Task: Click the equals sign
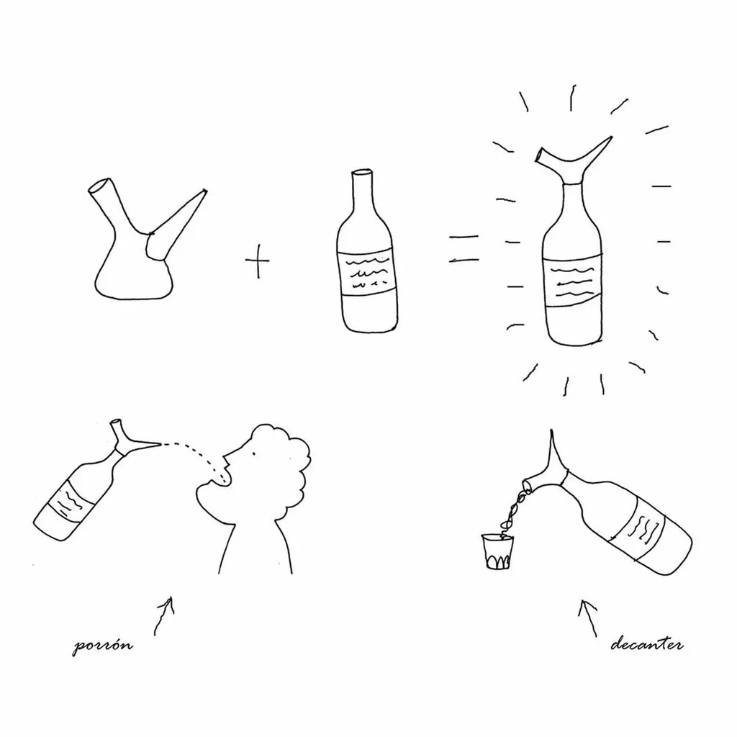(464, 248)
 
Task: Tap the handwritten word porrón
(102, 645)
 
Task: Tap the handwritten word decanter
(647, 643)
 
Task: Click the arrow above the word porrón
(163, 616)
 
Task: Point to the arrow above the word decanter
(587, 618)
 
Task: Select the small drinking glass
(498, 551)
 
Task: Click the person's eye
(254, 454)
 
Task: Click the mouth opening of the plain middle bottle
(363, 172)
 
